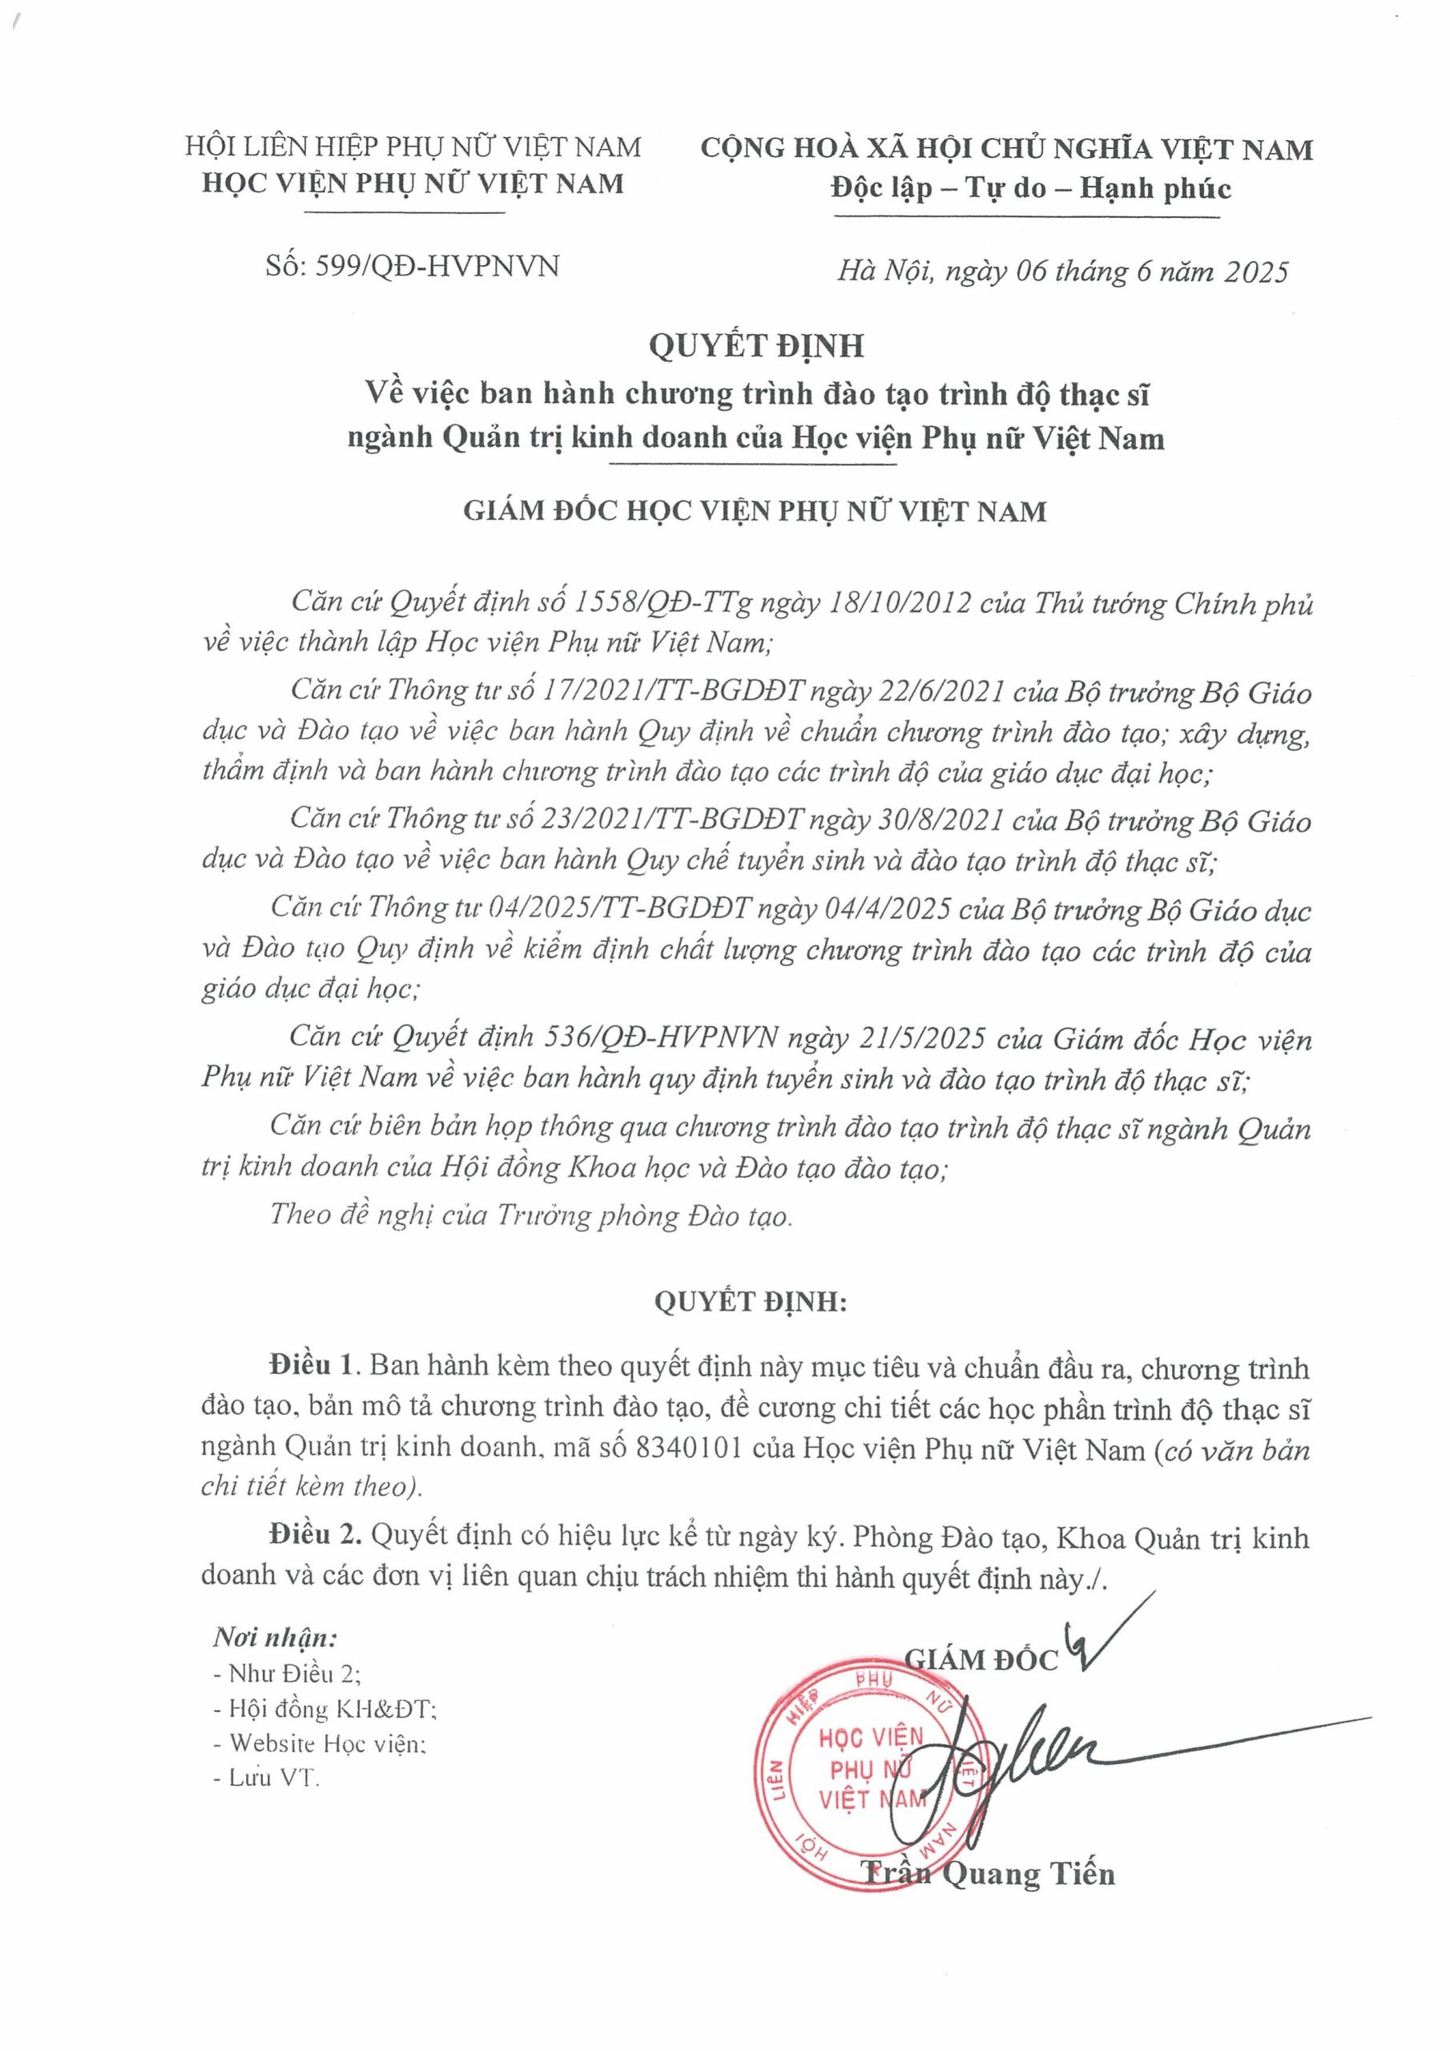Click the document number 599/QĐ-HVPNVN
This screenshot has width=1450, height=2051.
coord(437,266)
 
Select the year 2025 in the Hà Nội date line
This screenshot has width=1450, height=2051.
coord(1255,272)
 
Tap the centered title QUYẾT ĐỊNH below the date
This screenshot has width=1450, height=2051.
coord(755,345)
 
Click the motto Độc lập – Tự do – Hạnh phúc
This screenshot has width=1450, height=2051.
coord(1030,188)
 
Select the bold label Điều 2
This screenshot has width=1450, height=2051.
coord(316,1537)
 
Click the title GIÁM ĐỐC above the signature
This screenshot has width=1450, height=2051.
coord(980,1659)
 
